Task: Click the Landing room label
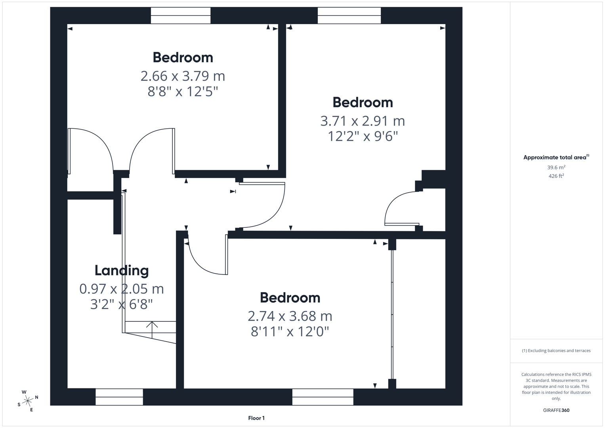click(122, 271)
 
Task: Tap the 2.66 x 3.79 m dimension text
click(183, 76)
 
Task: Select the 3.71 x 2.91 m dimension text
click(363, 121)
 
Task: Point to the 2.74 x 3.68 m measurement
click(290, 316)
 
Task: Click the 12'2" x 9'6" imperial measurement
click(363, 136)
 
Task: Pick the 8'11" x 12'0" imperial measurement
click(290, 332)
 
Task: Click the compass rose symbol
click(28, 401)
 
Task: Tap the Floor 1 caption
click(256, 418)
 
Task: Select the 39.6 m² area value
click(556, 168)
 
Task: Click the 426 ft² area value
click(556, 176)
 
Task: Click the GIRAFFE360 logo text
click(556, 410)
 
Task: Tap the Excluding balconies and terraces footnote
click(556, 351)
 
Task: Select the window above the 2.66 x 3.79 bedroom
click(181, 16)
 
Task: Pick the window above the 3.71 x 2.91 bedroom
click(349, 16)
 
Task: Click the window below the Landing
click(119, 397)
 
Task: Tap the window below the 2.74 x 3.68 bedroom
click(323, 397)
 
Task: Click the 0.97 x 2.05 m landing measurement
click(122, 289)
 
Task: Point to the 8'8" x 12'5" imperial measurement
click(183, 92)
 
